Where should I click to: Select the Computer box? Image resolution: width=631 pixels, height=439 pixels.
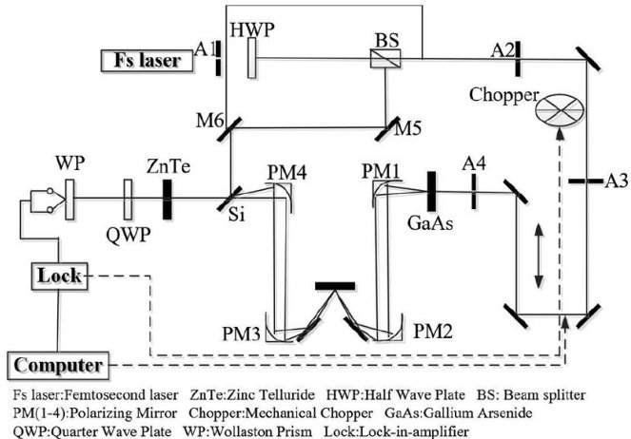tap(59, 365)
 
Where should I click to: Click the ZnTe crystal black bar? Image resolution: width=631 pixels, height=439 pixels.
tap(168, 198)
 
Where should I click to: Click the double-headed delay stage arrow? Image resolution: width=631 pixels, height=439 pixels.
tap(540, 257)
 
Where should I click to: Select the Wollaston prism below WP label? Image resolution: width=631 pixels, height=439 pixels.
tap(69, 198)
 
